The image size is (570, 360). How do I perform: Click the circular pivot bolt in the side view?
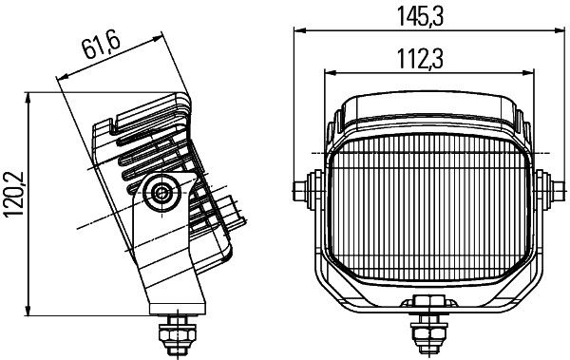[161, 194]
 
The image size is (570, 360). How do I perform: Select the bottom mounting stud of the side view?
[176, 333]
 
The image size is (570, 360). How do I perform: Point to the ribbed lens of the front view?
[425, 209]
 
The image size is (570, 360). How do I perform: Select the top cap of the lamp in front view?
[425, 107]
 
